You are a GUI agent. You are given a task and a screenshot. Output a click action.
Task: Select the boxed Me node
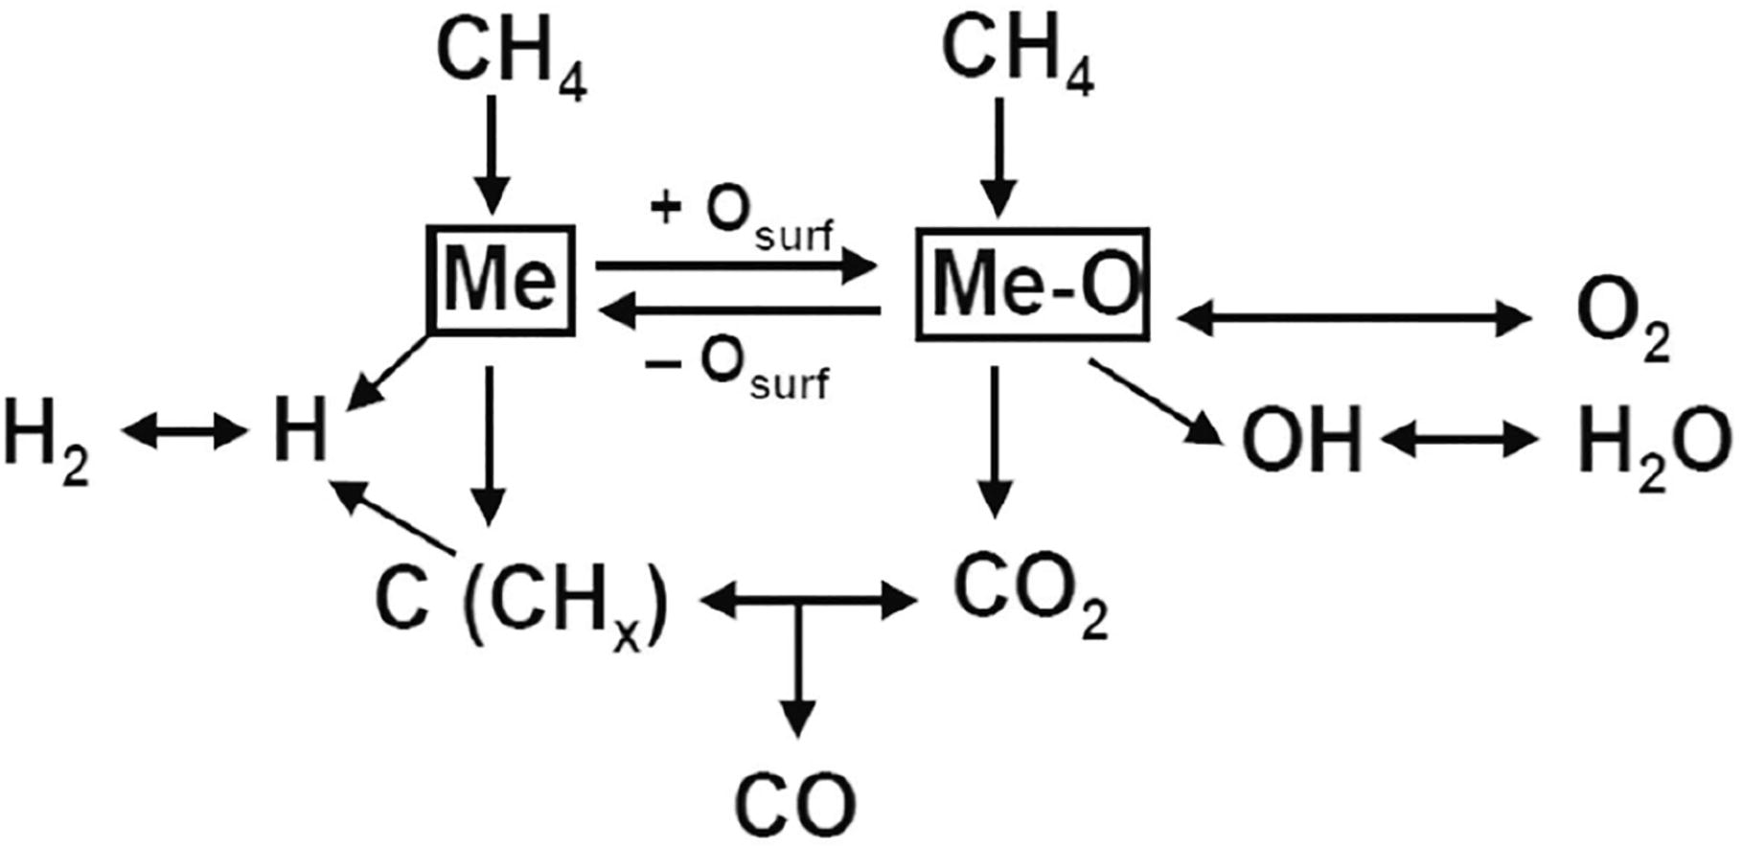(500, 280)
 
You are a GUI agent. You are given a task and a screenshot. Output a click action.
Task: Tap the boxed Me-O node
(1032, 284)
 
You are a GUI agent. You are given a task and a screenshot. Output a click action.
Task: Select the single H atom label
(299, 434)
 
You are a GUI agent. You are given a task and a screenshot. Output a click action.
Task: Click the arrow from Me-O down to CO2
(996, 441)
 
